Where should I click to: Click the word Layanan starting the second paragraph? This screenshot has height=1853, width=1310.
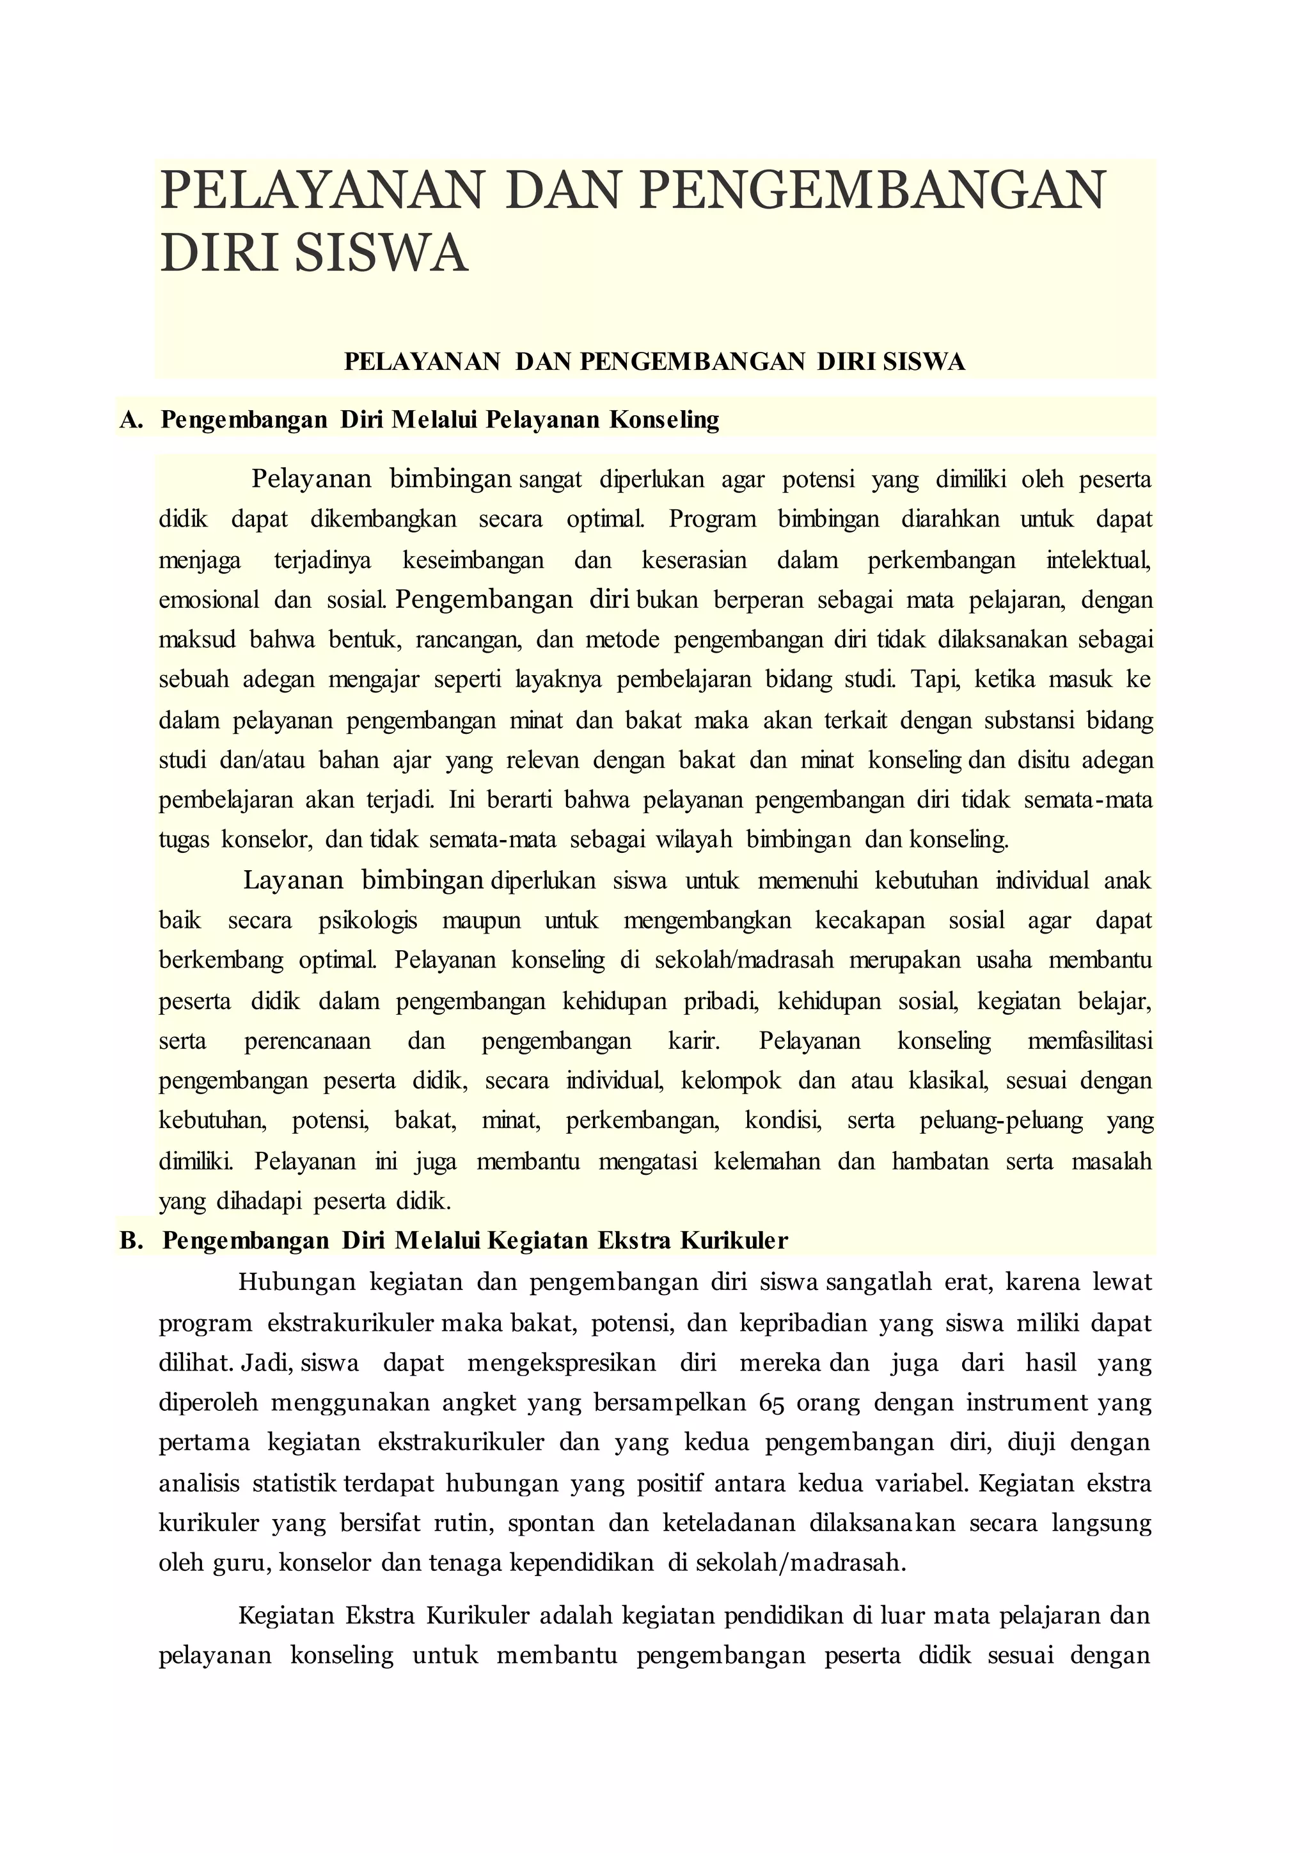point(294,880)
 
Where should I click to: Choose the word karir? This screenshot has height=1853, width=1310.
point(694,1041)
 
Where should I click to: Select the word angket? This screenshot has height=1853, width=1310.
point(479,1403)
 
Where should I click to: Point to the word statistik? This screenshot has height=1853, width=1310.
point(294,1483)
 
